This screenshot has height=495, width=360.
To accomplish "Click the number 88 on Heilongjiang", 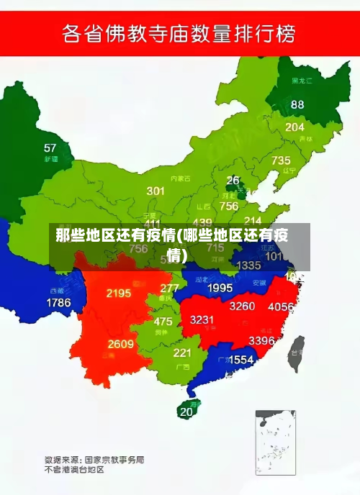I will click(297, 104).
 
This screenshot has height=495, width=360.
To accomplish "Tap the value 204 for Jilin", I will click(294, 127).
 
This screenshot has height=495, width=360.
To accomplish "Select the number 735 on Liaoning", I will click(281, 160).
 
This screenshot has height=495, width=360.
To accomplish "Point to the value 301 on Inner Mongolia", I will click(156, 191).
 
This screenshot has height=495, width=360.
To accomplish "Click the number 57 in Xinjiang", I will click(50, 148).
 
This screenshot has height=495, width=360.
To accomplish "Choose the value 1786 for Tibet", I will click(58, 303).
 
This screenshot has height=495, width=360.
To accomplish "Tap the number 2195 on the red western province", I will click(118, 293).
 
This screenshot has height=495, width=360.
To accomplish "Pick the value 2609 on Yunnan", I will click(121, 344).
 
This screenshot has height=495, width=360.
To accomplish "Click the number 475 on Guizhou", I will click(163, 322).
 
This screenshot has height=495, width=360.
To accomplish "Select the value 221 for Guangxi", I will click(182, 353).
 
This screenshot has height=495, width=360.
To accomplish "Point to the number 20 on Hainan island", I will click(186, 412).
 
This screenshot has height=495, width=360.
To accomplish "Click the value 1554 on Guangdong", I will click(240, 359).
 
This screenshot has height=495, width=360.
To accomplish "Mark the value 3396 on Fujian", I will click(261, 340).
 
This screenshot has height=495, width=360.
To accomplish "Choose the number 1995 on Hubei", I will click(220, 288).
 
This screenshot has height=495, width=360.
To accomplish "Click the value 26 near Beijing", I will click(233, 181).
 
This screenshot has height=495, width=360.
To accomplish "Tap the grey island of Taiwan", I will click(296, 353).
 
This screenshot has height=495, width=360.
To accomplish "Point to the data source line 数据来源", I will click(94, 458).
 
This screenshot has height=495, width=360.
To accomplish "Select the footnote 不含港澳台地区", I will click(75, 470).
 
